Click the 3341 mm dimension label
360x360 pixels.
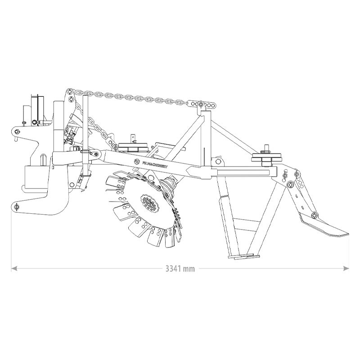tap(180, 269)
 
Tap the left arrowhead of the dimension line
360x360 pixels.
tap(14, 269)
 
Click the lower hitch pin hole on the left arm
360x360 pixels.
tap(17, 207)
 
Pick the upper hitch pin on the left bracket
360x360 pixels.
tap(17, 132)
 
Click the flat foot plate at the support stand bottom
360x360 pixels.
tap(243, 256)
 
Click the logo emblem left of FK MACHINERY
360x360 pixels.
tap(138, 161)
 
